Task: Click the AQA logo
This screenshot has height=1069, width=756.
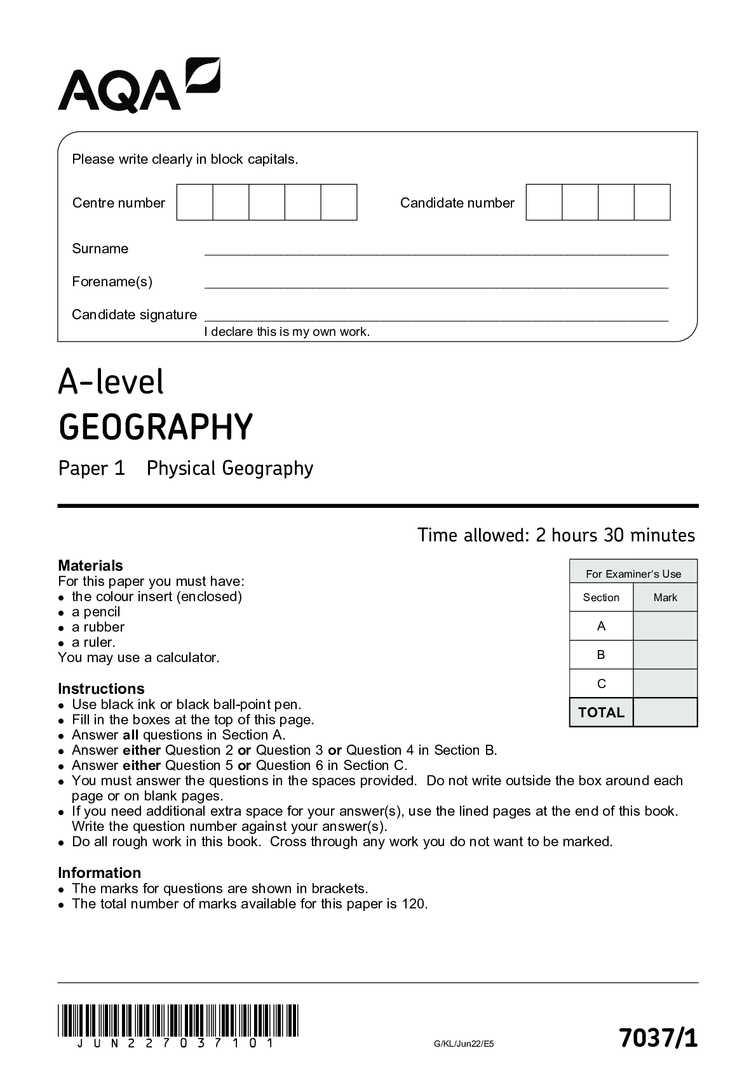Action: (x=138, y=86)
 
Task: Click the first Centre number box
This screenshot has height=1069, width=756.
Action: (x=194, y=203)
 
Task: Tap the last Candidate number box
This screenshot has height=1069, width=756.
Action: (x=652, y=203)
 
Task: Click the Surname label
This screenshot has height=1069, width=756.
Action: (x=100, y=249)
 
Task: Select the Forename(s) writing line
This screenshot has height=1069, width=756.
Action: (x=436, y=286)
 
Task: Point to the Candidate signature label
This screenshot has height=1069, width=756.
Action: (x=134, y=315)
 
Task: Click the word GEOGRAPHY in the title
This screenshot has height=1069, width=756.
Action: (x=156, y=427)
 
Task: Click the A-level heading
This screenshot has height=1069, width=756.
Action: (x=111, y=382)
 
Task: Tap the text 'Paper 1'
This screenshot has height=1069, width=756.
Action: (x=91, y=468)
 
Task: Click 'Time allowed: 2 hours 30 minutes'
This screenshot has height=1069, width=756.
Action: (x=556, y=535)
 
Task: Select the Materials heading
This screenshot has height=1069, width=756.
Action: (x=90, y=566)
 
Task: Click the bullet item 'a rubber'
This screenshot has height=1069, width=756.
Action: (x=98, y=627)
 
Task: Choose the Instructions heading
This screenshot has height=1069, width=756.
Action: (x=101, y=689)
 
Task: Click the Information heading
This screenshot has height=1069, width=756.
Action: (x=99, y=873)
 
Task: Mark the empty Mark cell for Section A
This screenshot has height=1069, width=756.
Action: (x=665, y=626)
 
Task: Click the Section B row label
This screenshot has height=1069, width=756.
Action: (x=601, y=654)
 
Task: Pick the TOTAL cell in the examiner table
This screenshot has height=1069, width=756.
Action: (x=601, y=712)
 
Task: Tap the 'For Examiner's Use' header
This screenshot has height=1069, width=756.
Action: (x=633, y=574)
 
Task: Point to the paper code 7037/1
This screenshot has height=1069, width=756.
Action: (x=658, y=1039)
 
